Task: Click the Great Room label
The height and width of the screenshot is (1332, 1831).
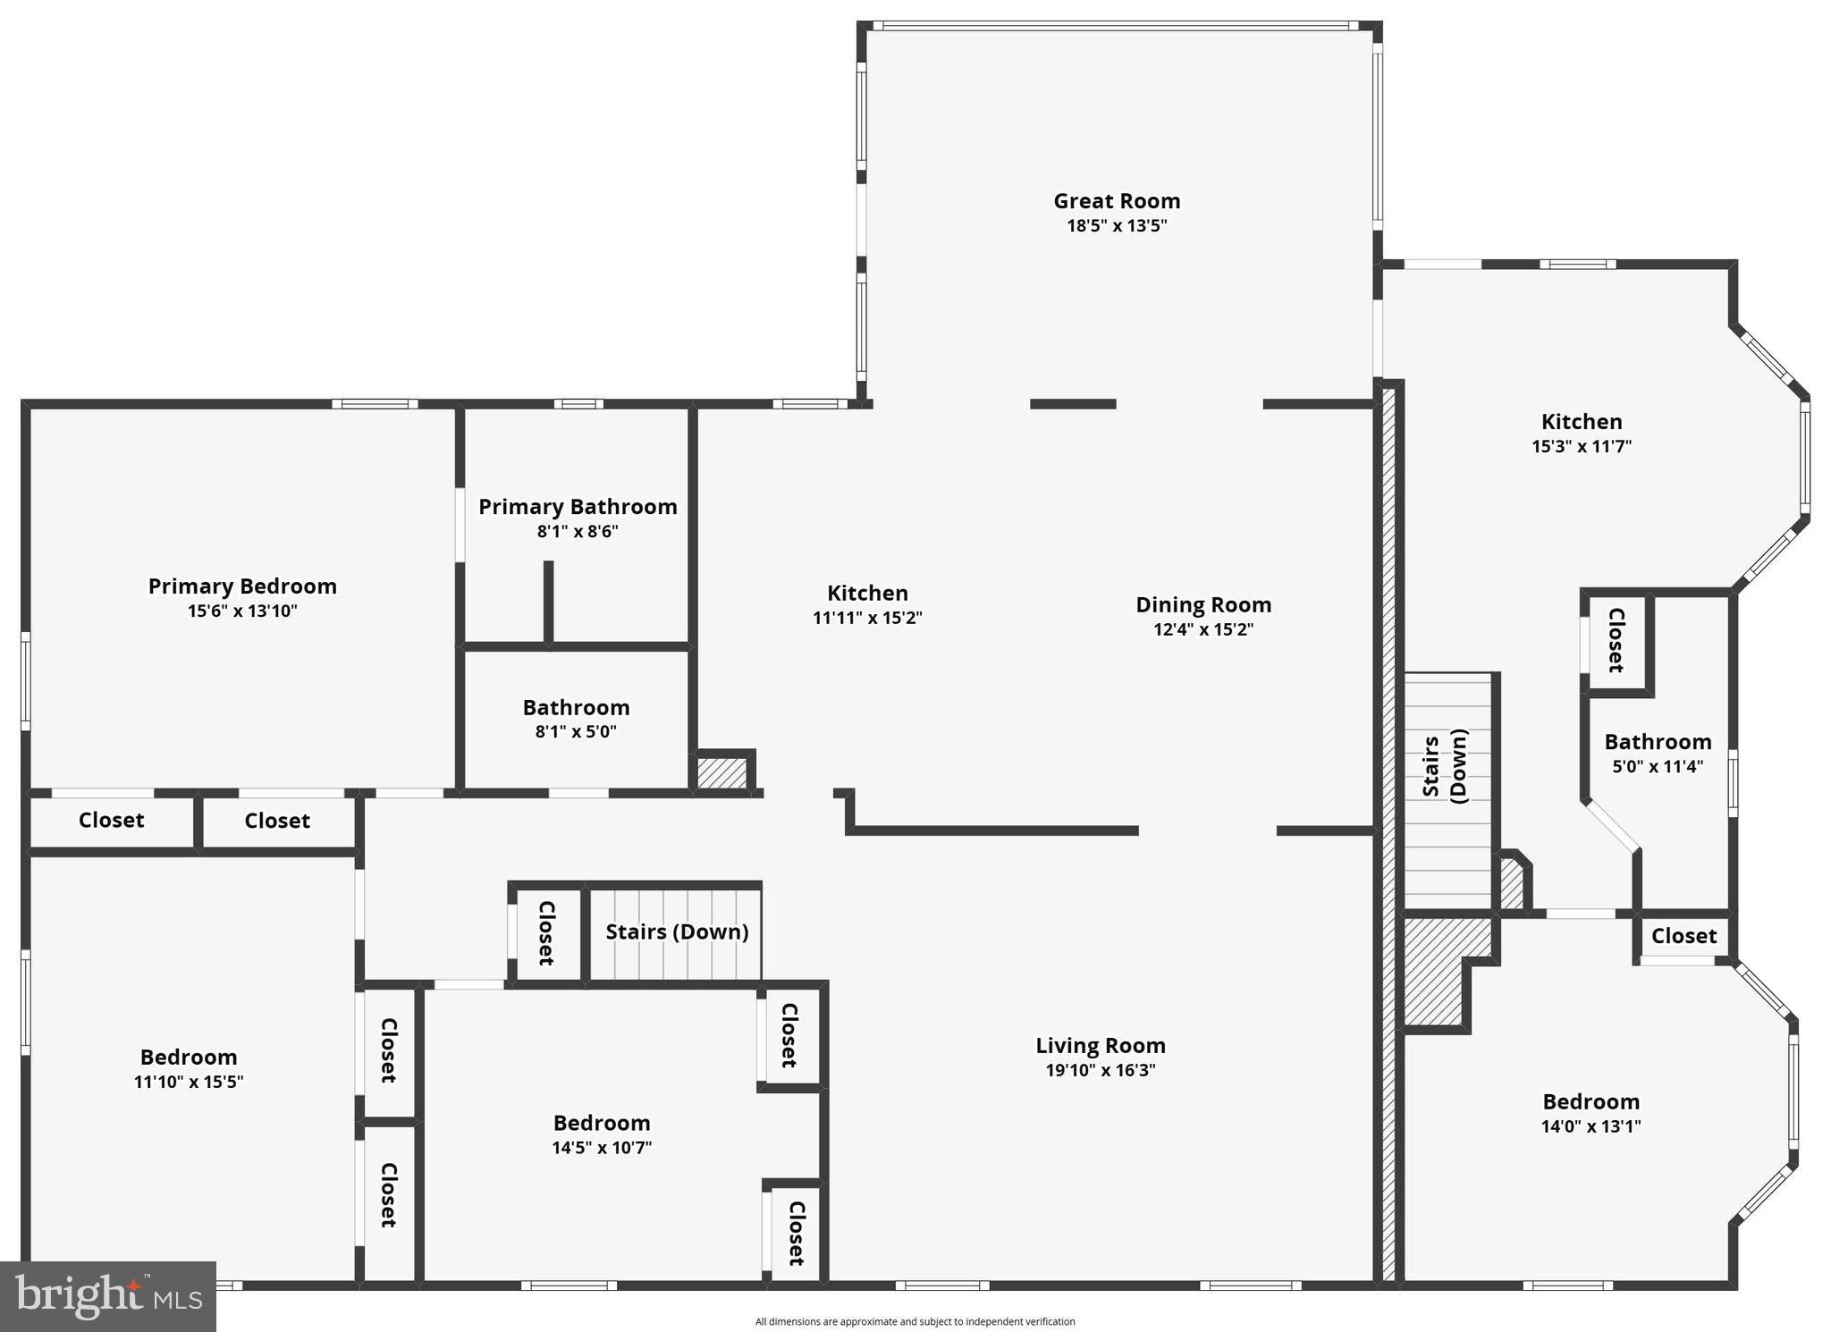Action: click(x=1117, y=201)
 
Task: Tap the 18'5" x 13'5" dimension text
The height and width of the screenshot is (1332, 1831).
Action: click(x=1117, y=225)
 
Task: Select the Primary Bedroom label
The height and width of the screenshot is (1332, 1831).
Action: click(x=242, y=586)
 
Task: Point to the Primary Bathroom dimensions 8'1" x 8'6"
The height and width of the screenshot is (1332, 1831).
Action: click(x=578, y=532)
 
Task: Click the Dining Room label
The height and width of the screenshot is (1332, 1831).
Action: click(x=1203, y=605)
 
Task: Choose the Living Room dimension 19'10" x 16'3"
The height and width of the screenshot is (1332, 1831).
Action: click(x=1101, y=1070)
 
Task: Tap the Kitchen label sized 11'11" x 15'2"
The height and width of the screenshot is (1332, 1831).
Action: click(x=867, y=594)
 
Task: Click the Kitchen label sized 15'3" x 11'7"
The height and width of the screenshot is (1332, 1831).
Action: click(x=1582, y=422)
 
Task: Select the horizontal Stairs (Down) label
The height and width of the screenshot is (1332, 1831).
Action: click(x=677, y=932)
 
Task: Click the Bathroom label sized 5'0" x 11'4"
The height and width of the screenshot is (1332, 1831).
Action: click(x=1658, y=742)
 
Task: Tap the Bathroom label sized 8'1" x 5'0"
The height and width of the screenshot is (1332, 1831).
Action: click(x=576, y=708)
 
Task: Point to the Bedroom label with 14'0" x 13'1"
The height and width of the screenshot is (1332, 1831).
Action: click(x=1591, y=1102)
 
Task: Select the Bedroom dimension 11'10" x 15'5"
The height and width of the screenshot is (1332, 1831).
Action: click(x=189, y=1082)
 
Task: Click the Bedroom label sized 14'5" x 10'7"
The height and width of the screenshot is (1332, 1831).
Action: click(x=602, y=1124)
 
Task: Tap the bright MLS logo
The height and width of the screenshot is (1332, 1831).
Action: click(x=108, y=1296)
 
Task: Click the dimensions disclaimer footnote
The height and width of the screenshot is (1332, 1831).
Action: click(x=915, y=1321)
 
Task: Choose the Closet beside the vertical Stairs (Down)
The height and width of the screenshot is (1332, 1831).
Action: click(x=1616, y=640)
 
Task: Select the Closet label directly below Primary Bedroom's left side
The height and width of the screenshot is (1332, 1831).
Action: click(x=111, y=821)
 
